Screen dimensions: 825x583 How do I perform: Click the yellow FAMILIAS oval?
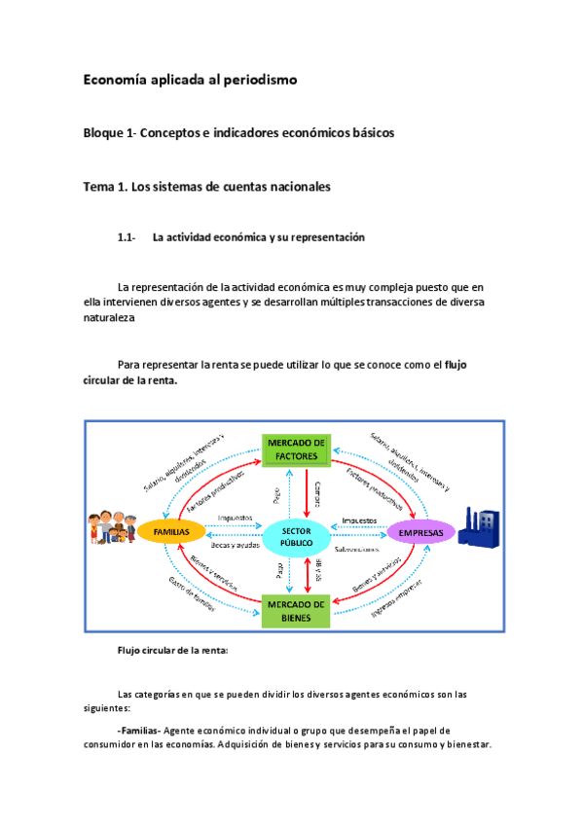coord(170,531)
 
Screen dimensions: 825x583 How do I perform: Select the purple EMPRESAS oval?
coord(421,532)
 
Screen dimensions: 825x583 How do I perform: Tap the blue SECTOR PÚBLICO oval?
coord(297,537)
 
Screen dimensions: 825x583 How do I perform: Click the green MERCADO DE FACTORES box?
coord(298,450)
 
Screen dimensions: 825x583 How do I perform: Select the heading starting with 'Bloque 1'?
coord(238,133)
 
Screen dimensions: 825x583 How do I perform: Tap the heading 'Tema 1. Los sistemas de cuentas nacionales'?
coord(207,186)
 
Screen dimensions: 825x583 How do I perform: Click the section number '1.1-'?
coord(127,237)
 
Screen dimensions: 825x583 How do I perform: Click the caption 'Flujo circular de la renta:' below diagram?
coord(171,652)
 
